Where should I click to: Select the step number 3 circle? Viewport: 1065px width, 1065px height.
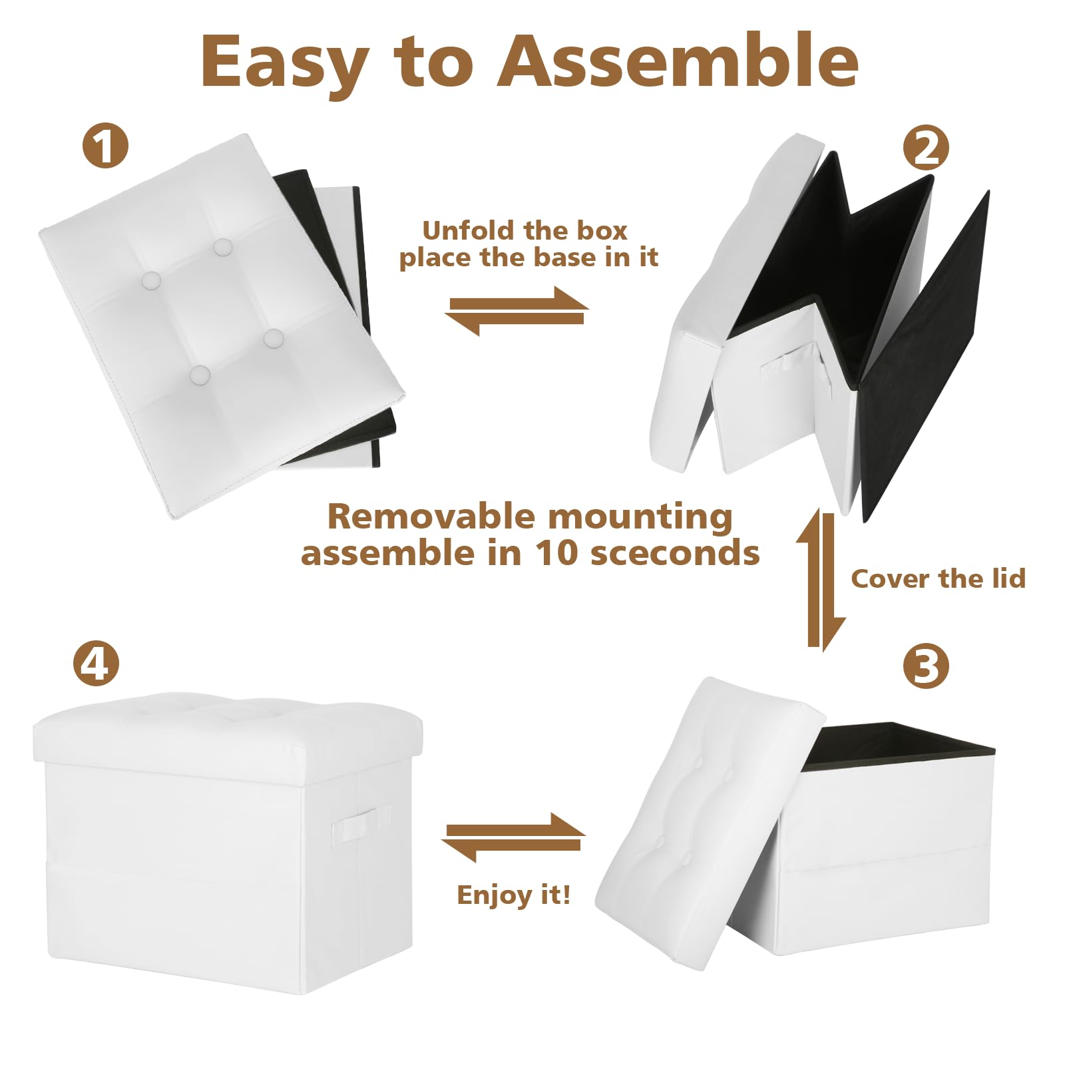(926, 666)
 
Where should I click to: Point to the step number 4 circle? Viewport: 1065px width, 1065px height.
(97, 664)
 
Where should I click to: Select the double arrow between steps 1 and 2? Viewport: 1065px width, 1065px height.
(517, 310)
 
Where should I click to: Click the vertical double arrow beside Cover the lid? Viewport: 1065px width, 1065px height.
(821, 579)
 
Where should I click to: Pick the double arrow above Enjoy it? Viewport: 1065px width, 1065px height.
(513, 837)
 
